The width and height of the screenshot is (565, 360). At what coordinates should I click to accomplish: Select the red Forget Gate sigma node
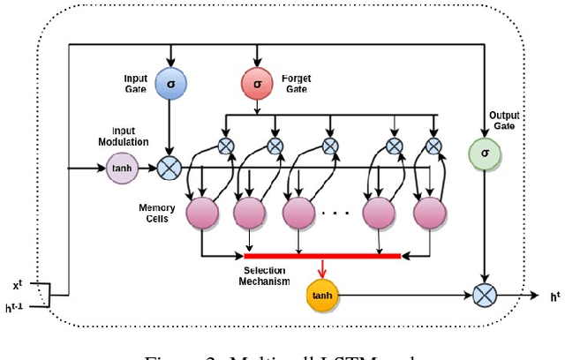coord(257,83)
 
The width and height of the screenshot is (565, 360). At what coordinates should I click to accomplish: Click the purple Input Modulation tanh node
coord(123,167)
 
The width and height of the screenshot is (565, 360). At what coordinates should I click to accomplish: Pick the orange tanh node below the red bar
coord(322,295)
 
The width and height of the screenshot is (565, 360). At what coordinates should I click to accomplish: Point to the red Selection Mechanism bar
coord(322,257)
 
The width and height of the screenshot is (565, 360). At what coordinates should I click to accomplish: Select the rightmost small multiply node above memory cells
coord(433,146)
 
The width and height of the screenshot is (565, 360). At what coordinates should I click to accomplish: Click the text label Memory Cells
coord(157,214)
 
